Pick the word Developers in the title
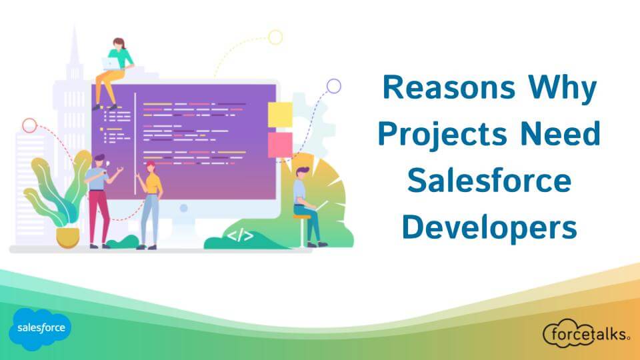pos(489,227)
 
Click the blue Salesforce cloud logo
pos(39,329)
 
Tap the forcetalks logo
pos(587,333)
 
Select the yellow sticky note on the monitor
pos(280,115)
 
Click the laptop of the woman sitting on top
pos(109,64)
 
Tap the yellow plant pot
pos(67,235)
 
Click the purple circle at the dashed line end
pos(333,86)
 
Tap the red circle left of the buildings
pos(29,125)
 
